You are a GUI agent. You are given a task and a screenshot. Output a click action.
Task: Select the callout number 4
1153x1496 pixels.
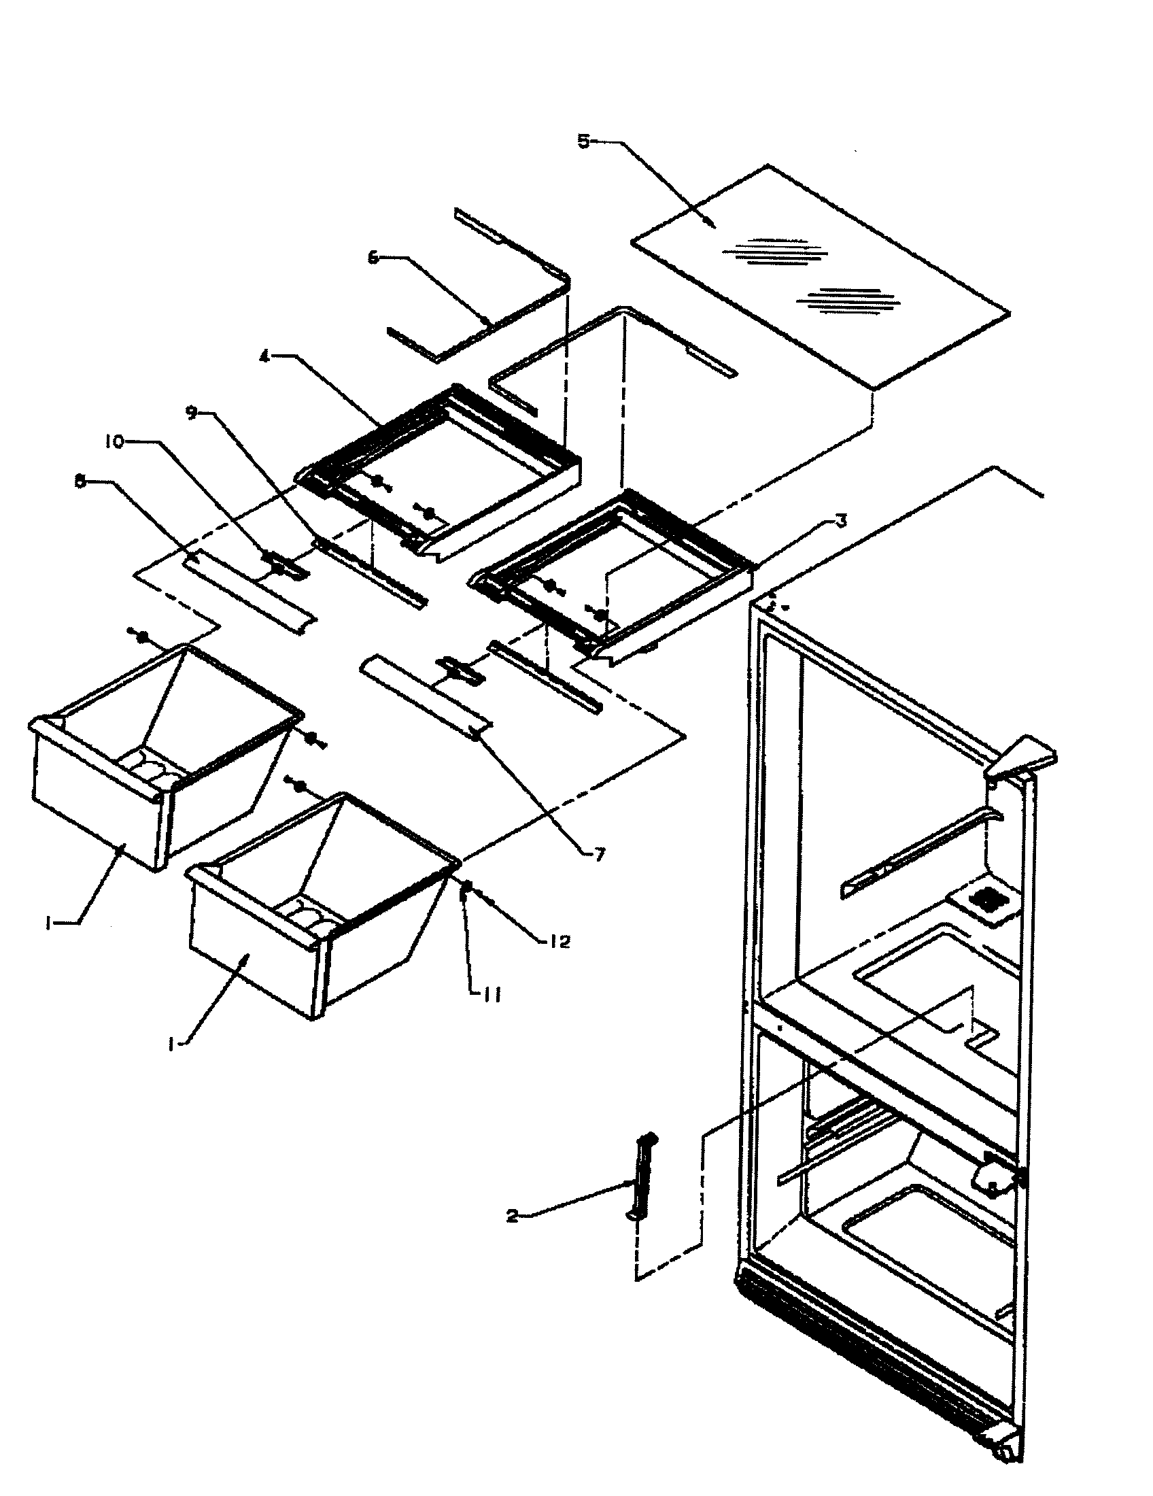click(264, 356)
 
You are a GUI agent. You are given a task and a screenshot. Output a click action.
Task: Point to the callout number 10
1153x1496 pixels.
click(114, 442)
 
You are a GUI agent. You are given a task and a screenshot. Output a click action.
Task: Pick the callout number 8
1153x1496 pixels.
click(82, 482)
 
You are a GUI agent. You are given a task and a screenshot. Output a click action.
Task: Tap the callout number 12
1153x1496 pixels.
click(559, 942)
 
